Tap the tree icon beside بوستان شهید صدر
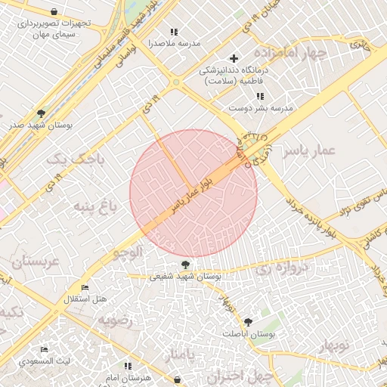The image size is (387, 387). tap(40, 113)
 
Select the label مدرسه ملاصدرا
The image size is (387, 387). tap(175, 43)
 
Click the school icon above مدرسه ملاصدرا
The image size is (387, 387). tap(175, 32)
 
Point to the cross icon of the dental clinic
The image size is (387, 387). tap(234, 58)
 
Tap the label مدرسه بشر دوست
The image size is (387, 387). tap(261, 108)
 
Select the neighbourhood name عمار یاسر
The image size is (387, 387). tap(308, 151)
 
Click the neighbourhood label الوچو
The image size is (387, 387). tap(128, 253)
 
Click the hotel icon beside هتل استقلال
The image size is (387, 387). tap(85, 288)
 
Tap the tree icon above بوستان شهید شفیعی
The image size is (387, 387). tap(185, 265)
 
